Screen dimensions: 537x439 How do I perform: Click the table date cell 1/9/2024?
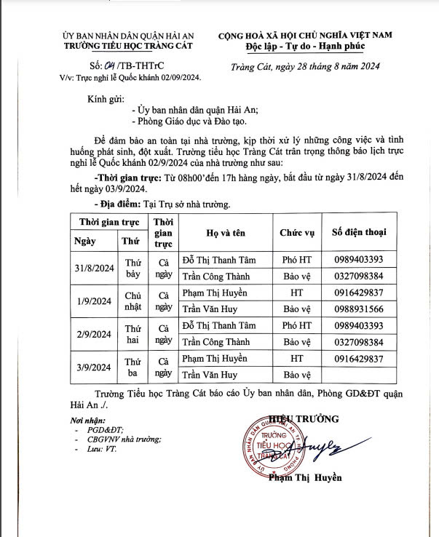point(92,301)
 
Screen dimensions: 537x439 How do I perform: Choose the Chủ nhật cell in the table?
point(133,301)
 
